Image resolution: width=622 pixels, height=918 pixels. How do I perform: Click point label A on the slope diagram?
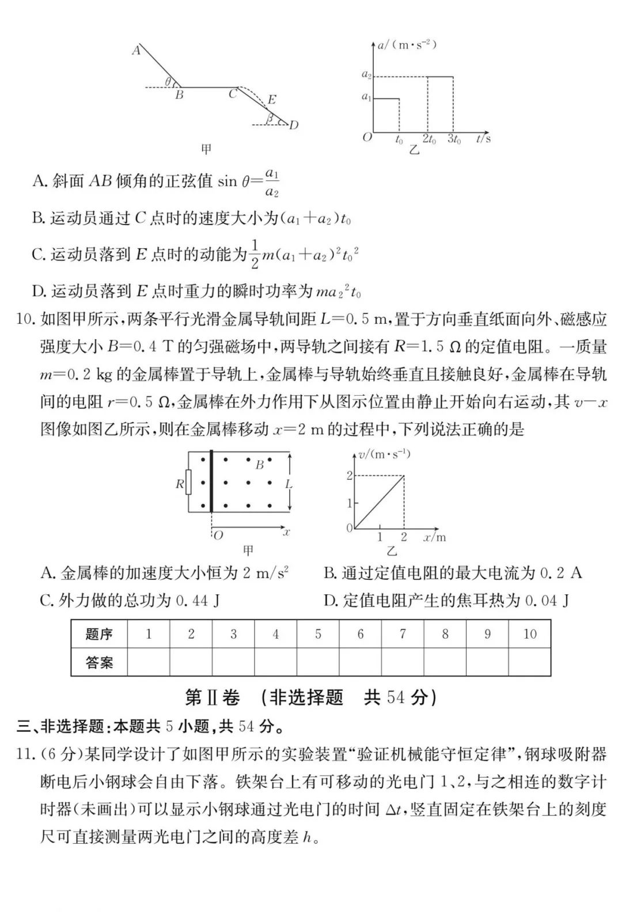(136, 51)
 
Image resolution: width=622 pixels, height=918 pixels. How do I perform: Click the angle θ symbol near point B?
(168, 82)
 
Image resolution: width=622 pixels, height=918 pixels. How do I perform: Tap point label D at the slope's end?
(294, 125)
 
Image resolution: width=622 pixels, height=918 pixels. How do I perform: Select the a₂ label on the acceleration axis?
(366, 74)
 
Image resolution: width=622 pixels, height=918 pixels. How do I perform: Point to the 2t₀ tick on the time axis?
(429, 139)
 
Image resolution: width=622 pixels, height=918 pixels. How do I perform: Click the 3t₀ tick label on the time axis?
(454, 139)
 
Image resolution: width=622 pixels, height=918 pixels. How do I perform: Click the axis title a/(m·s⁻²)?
(407, 44)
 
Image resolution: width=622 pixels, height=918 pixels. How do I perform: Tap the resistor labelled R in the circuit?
(188, 484)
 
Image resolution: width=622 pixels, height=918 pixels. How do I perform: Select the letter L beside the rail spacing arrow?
(289, 484)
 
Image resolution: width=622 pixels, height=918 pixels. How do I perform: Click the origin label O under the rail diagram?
(218, 535)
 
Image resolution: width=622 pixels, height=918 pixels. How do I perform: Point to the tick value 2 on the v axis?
(349, 476)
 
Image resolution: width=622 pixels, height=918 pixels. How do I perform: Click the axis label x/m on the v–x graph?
(435, 537)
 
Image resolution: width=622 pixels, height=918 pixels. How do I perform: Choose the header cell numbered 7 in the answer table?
(403, 634)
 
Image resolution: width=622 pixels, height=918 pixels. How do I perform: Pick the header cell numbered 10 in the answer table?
(530, 634)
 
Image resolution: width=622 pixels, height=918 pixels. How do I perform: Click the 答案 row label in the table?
(99, 662)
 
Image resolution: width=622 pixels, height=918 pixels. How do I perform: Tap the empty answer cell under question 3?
(233, 662)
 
